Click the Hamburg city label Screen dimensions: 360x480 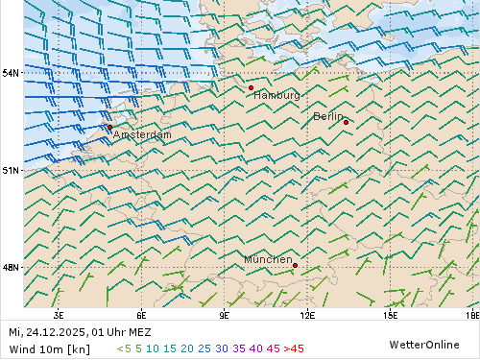(x=276, y=96)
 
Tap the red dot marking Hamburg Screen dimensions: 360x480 (x=251, y=87)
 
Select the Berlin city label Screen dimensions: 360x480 (x=327, y=116)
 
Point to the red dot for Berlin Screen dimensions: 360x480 (x=346, y=122)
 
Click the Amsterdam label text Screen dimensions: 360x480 (x=142, y=135)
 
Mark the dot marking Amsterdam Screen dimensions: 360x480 (x=109, y=127)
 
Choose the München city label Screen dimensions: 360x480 (x=268, y=260)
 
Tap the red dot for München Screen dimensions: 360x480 (x=295, y=265)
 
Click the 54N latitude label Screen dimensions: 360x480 (x=11, y=73)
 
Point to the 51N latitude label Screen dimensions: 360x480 (x=11, y=170)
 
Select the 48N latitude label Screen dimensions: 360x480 (x=11, y=267)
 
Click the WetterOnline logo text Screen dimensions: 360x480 (x=423, y=345)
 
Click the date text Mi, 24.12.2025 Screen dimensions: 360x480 (x=48, y=332)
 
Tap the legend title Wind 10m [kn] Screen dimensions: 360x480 (x=49, y=348)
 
